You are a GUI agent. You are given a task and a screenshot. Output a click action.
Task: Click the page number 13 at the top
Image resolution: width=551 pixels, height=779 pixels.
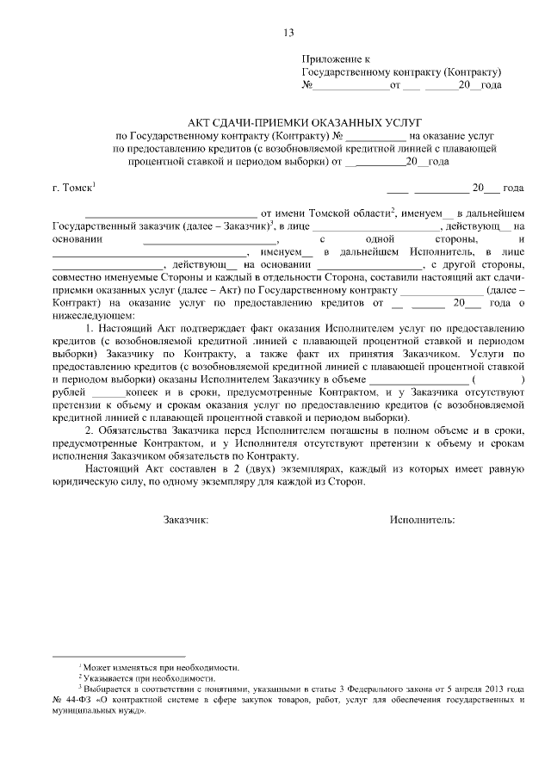288,33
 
